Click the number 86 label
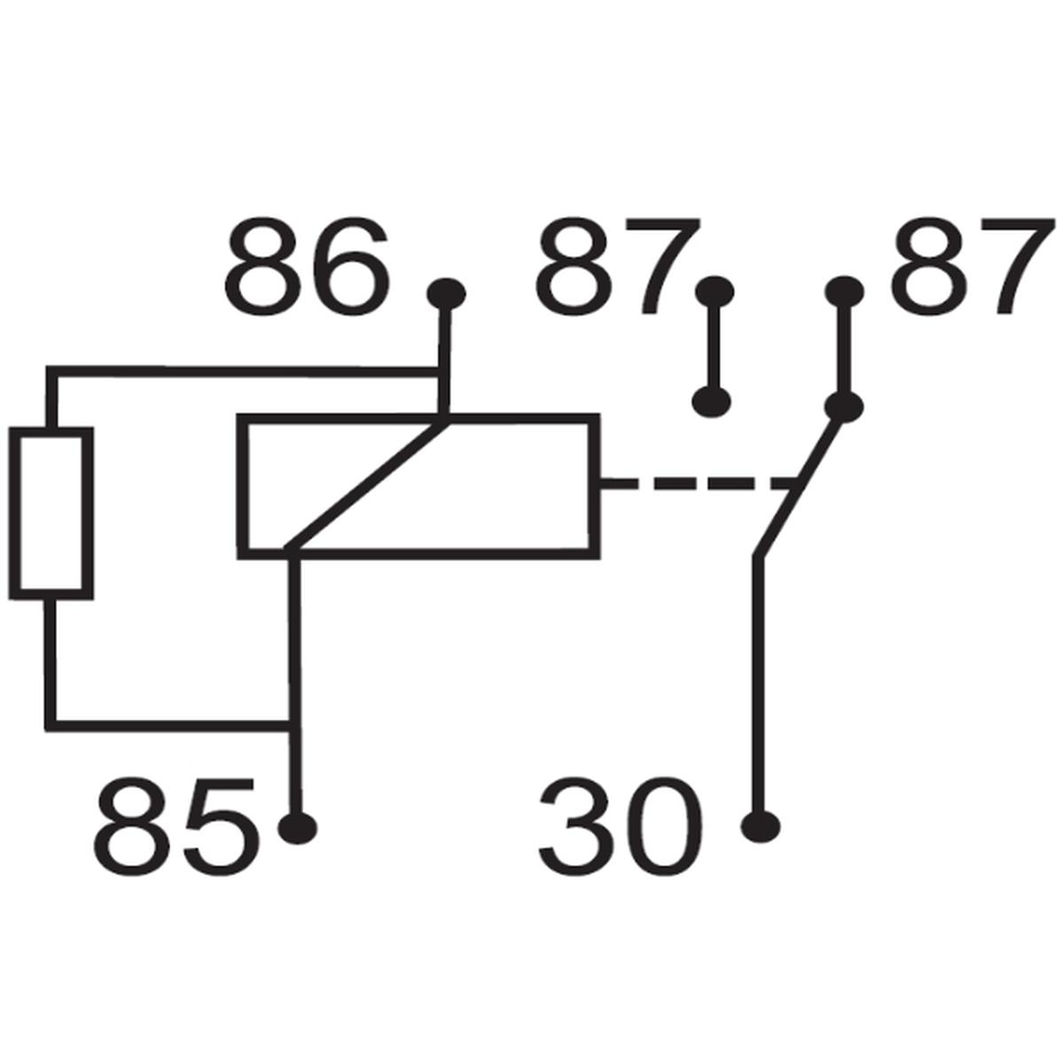pos(307,266)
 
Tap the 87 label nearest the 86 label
pos(617,266)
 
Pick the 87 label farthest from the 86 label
pos(970,266)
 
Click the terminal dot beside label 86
pos(446,293)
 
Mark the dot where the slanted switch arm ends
pos(844,406)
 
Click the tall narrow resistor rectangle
pos(51,513)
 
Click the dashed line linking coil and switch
pos(698,484)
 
